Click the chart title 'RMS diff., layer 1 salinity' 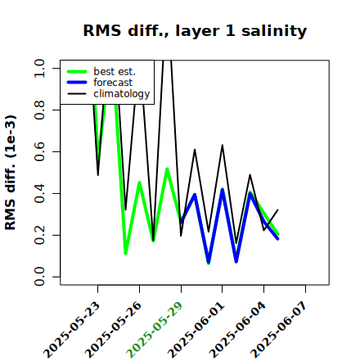(195, 31)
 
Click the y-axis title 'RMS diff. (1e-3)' (11, 173)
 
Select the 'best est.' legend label (115, 71)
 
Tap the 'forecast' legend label (113, 83)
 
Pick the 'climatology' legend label (122, 94)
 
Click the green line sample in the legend (77, 71)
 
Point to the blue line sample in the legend (77, 83)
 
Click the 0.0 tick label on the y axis (39, 277)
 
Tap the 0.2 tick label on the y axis (39, 235)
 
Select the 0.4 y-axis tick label (39, 193)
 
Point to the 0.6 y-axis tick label (39, 151)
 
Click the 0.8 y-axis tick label (39, 110)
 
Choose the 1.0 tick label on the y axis (39, 68)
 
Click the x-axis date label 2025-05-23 (72, 330)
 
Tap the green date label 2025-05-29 (155, 330)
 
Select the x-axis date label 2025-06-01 (196, 330)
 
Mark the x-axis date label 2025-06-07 (279, 330)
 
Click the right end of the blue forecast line (277, 239)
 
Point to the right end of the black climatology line (277, 209)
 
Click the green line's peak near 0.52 (167, 169)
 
